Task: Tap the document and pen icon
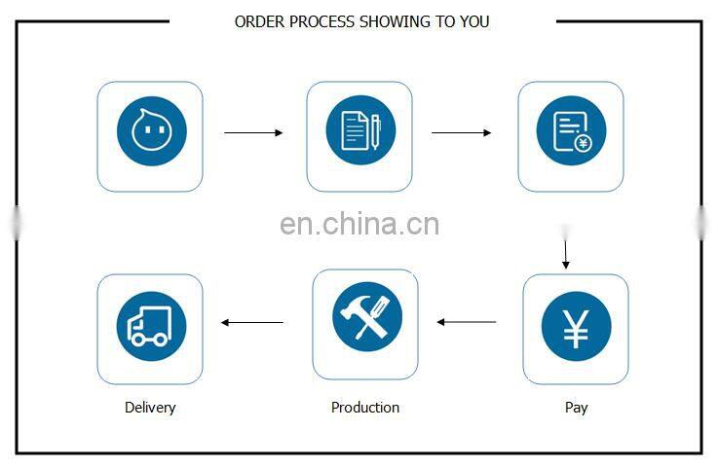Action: (x=359, y=132)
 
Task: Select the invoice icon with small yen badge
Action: (x=571, y=132)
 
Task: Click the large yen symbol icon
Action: (x=576, y=327)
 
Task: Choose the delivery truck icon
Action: (x=151, y=326)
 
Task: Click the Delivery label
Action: (x=150, y=408)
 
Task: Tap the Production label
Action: (x=365, y=408)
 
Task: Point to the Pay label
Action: (x=576, y=408)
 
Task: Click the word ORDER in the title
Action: (x=259, y=21)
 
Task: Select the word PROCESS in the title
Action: (x=326, y=21)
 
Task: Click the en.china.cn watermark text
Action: (x=359, y=225)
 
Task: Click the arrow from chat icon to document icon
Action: (x=253, y=132)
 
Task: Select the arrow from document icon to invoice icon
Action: (x=462, y=132)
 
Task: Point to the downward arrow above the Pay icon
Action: (x=566, y=247)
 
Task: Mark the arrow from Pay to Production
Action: (x=467, y=322)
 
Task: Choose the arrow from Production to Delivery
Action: (x=252, y=322)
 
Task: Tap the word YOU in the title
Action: (x=474, y=21)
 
